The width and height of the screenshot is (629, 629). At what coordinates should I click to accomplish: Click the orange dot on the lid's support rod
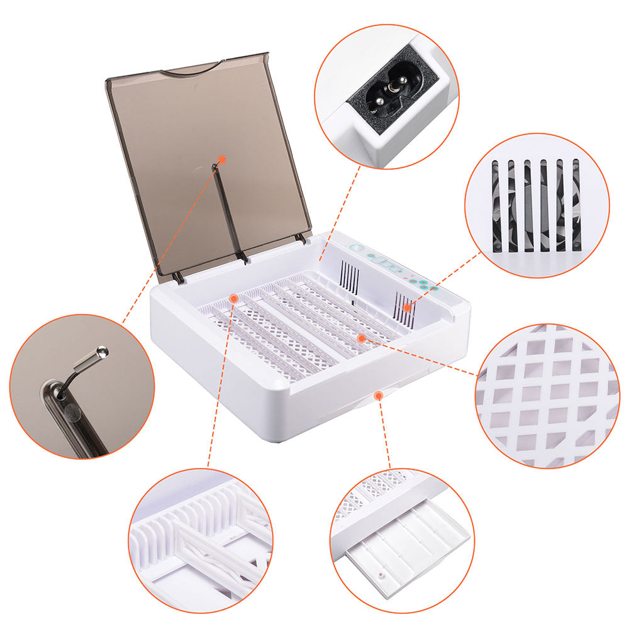click(x=221, y=160)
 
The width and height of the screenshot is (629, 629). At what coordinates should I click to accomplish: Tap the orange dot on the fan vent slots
click(x=407, y=308)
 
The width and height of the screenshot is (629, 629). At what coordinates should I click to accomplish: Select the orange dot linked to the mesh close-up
click(x=361, y=338)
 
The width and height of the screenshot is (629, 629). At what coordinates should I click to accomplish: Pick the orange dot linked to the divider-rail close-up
click(x=233, y=296)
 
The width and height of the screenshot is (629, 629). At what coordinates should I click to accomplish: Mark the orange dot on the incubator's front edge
click(x=378, y=395)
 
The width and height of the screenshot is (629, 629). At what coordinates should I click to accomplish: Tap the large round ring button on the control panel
click(x=357, y=249)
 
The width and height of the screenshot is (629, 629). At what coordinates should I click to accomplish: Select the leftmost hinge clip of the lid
click(x=179, y=276)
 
